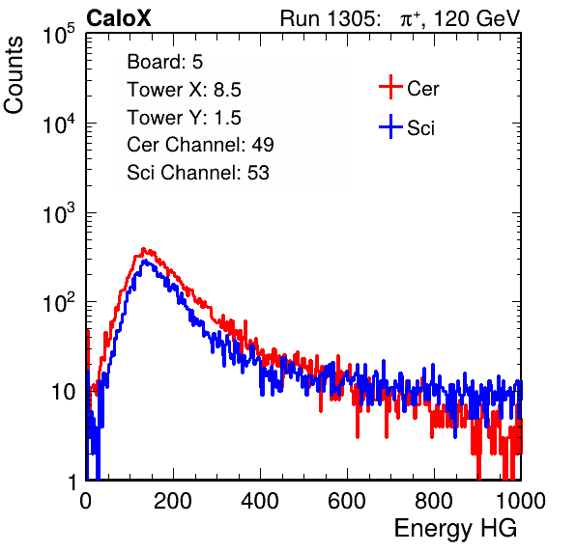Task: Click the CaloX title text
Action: click(119, 18)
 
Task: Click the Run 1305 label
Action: click(330, 18)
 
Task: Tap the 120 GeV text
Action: click(477, 18)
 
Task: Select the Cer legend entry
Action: click(409, 88)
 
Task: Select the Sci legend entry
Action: click(407, 127)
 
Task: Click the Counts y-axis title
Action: click(14, 75)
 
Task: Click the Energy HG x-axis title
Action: click(456, 528)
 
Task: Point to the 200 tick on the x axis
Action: click(173, 501)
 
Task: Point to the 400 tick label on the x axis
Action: click(260, 501)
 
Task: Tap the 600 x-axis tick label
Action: click(347, 501)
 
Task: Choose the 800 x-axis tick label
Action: click(434, 501)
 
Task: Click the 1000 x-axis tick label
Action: click(521, 501)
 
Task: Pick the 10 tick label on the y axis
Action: click(64, 392)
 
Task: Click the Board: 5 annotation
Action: click(165, 62)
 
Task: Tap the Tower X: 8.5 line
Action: click(184, 90)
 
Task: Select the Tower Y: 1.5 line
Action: click(184, 118)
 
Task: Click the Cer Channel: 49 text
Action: click(200, 145)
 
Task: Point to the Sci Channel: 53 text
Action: click(198, 173)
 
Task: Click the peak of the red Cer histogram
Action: click(144, 248)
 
